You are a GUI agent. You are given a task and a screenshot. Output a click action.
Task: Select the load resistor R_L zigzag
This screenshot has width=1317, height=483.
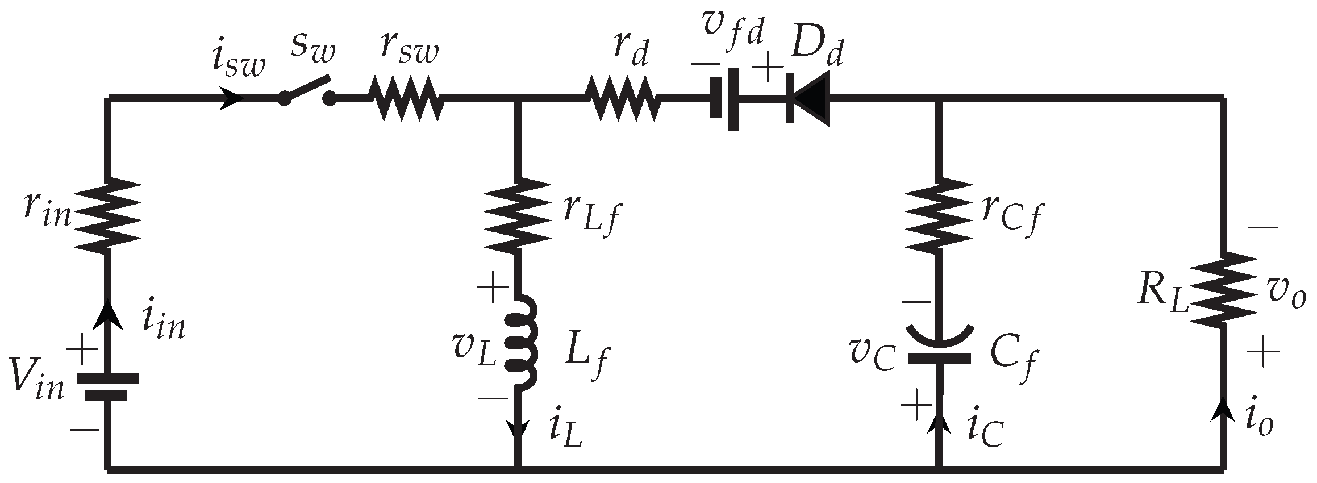pos(1223,290)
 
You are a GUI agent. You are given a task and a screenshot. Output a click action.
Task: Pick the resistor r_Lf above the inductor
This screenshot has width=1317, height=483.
pos(516,215)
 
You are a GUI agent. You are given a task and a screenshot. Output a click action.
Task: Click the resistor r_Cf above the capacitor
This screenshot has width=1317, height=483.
pos(937,215)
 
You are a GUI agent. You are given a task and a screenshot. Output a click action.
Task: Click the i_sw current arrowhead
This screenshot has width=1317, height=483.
pos(232,99)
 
